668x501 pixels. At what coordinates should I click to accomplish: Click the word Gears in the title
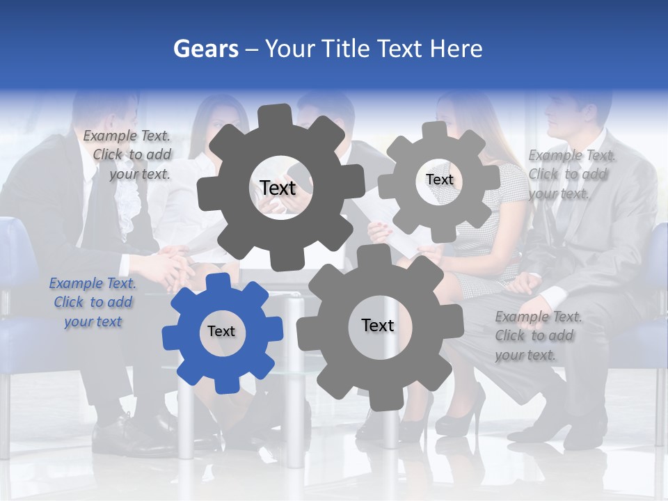click(x=205, y=49)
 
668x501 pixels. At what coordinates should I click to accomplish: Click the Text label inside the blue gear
click(x=221, y=332)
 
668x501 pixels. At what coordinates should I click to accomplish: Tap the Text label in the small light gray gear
click(x=440, y=180)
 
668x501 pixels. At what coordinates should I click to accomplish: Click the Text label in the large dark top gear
click(x=278, y=188)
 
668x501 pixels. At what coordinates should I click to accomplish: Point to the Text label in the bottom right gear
click(x=378, y=325)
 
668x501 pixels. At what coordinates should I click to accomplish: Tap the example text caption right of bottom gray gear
click(x=536, y=336)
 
